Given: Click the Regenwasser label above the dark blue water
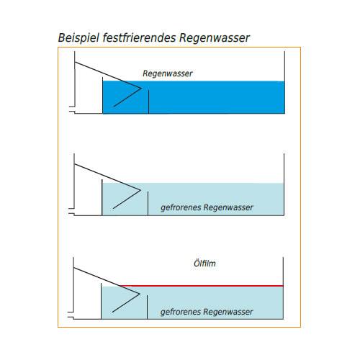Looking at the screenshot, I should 168,73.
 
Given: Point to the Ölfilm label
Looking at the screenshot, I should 205,264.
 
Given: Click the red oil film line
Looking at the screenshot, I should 216,286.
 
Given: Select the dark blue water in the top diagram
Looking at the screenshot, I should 216,96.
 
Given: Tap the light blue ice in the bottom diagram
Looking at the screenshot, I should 216,299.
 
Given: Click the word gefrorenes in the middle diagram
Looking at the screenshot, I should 181,208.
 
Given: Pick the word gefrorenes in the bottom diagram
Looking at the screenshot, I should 181,312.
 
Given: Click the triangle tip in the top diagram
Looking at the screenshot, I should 140,89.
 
